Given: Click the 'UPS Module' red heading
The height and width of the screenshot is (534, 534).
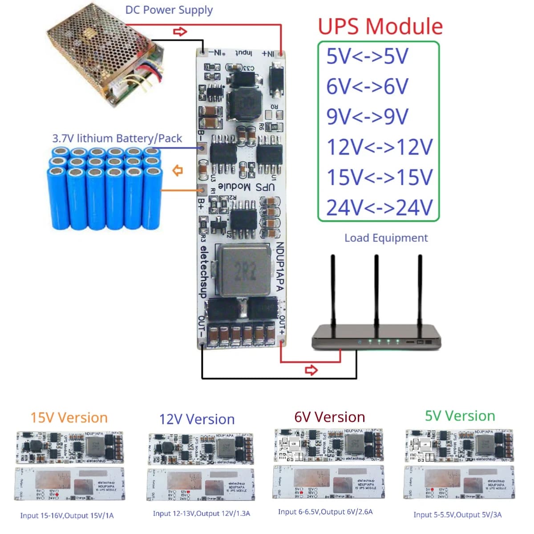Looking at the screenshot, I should pos(380,26).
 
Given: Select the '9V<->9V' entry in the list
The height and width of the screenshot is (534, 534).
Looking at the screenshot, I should pos(367,117).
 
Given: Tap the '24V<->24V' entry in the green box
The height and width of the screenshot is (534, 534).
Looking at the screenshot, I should pos(379,207).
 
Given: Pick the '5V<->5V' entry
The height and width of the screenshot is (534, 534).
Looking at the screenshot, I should pos(367,57).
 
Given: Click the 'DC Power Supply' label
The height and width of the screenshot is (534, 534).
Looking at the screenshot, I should pos(169,10).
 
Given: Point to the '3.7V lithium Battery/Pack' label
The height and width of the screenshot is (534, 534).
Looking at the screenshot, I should pos(117,138).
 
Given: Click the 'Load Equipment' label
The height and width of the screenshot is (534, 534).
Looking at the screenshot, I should pos(386,238).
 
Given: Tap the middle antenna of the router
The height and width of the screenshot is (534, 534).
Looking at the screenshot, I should pos(376,289).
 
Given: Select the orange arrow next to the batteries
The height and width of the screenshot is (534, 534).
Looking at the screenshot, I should pos(178,170).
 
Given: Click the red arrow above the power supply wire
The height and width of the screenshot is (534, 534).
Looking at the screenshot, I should pos(180,32).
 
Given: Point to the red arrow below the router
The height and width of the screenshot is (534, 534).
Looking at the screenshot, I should pos(311,370).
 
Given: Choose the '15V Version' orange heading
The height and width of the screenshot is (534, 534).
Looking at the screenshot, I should pos(69,418).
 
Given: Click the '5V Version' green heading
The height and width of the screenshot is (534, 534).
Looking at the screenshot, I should pos(460,416).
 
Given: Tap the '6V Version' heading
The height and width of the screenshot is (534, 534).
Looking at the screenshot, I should pos(329,417).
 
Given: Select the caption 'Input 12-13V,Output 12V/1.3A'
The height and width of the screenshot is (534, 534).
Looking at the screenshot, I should pos(201,514).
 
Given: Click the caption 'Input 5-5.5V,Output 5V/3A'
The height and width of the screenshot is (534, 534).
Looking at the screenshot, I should pos(457,515).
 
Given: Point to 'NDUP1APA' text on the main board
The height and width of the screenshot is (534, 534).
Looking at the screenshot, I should pos(280,267).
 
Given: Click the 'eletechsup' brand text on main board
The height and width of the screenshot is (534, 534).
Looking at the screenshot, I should pos(203,272).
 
